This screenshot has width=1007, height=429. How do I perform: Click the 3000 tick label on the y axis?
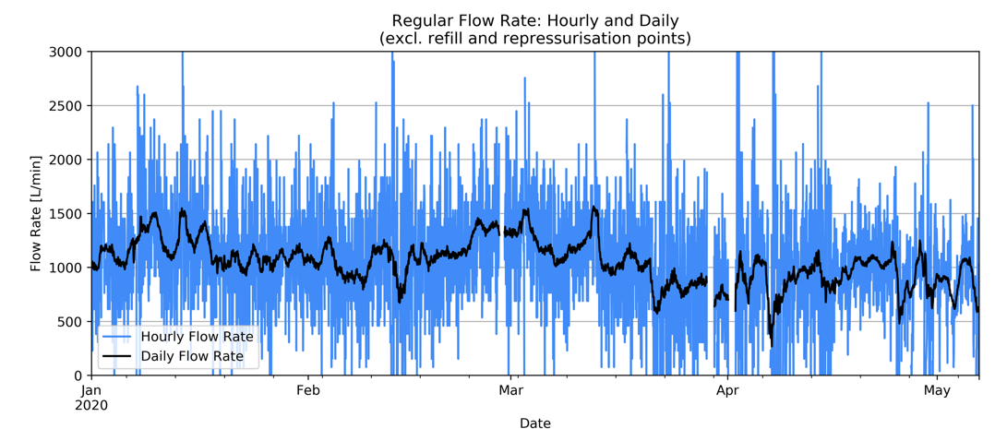(66, 52)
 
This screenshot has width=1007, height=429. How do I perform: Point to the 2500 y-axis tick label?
(66, 106)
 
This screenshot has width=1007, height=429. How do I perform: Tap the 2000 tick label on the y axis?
(66, 160)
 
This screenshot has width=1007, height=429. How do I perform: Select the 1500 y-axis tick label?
(66, 214)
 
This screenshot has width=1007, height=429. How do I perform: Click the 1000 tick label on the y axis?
(66, 268)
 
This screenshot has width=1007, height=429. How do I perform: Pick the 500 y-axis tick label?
(70, 322)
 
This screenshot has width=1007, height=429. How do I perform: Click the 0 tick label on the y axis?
(78, 375)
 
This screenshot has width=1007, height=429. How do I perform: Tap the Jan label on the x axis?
(91, 391)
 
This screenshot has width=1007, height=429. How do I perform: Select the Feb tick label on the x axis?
(308, 391)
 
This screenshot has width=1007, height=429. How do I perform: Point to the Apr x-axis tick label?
(728, 391)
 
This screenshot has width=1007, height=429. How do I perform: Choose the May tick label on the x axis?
(937, 391)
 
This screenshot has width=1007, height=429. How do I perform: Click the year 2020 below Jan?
(91, 406)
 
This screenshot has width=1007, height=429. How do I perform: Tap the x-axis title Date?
(534, 423)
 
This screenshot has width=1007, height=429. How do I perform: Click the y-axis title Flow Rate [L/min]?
(36, 213)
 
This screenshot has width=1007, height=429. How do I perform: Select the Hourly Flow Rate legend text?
(197, 337)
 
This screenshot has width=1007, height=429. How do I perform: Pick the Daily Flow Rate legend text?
(192, 356)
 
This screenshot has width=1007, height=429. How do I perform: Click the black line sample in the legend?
(115, 356)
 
